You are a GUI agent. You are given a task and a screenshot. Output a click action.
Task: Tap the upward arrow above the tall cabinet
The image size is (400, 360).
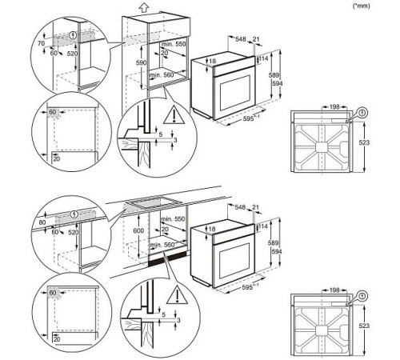(143, 8)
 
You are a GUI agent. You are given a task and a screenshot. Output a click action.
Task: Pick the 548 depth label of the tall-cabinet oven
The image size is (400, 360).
(241, 38)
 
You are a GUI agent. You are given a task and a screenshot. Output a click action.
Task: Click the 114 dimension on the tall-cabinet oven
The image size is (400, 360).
(266, 58)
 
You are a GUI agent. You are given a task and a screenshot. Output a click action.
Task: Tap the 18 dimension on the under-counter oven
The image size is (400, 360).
(212, 228)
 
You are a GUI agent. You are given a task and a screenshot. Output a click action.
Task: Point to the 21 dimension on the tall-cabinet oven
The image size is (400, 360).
(257, 38)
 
